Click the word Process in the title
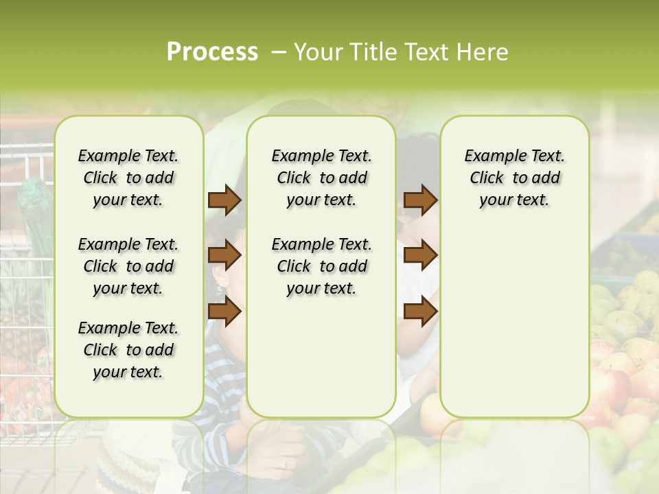point(212,52)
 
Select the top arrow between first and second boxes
point(224,200)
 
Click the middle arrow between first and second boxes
point(224,256)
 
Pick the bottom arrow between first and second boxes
point(224,312)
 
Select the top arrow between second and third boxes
point(420,200)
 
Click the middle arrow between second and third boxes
point(420,256)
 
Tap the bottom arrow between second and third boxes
point(420,312)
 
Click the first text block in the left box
point(128,178)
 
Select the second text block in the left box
point(128,266)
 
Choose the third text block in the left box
point(128,350)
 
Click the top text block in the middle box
point(321,178)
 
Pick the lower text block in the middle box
point(321,266)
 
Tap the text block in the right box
point(514,178)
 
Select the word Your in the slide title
point(316,52)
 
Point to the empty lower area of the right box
point(514,322)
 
